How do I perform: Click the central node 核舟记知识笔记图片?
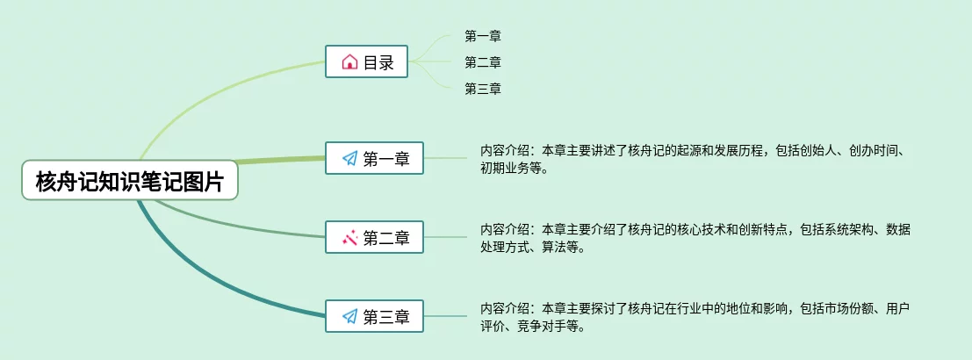point(130,183)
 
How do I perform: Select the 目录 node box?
point(366,62)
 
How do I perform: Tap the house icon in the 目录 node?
point(349,62)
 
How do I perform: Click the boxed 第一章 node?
point(374,159)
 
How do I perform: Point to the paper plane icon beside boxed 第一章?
point(349,159)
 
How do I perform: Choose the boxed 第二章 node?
point(374,237)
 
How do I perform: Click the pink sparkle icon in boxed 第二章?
point(349,237)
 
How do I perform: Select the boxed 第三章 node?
point(374,317)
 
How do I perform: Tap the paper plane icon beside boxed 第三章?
point(349,317)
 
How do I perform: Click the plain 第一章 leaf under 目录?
point(483,36)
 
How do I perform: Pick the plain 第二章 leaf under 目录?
point(483,62)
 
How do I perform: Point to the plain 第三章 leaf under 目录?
point(483,89)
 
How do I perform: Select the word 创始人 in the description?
point(824,151)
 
